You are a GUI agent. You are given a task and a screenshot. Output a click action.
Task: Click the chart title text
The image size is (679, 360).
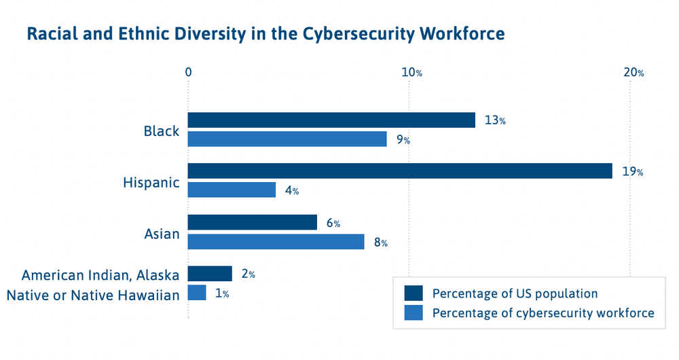[x=265, y=34]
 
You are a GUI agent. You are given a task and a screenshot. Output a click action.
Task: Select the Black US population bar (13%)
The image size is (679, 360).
[x=331, y=120]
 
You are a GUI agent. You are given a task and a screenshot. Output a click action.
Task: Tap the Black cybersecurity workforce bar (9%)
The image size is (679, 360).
[x=287, y=139]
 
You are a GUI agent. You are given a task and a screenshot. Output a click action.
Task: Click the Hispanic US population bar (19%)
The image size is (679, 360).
[x=400, y=171]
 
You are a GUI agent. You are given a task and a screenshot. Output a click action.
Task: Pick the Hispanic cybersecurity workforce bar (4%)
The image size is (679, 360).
[x=232, y=190]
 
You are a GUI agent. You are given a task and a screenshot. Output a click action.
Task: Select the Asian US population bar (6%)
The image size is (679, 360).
[x=253, y=222]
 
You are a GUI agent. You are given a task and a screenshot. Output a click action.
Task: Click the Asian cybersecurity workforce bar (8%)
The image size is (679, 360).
[x=276, y=241]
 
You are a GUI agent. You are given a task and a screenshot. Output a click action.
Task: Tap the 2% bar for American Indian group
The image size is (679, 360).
[x=210, y=274]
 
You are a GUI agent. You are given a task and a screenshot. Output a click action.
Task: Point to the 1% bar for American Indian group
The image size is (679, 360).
[x=197, y=293]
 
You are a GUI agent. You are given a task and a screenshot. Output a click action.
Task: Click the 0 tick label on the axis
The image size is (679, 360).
[x=188, y=73]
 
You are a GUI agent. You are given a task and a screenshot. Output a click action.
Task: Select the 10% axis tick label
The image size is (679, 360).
[x=410, y=73]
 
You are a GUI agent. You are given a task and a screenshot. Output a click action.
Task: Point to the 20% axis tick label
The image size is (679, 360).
[x=633, y=73]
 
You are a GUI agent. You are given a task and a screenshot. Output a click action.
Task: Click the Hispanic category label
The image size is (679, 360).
[x=151, y=183]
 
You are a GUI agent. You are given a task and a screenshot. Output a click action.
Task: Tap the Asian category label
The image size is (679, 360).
[x=162, y=234]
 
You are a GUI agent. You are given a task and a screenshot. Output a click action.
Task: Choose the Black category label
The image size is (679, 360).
[x=161, y=131]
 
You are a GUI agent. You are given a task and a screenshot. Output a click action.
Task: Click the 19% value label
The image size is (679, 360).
[x=632, y=172]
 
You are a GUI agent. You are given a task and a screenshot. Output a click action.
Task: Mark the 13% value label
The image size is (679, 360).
[x=495, y=121]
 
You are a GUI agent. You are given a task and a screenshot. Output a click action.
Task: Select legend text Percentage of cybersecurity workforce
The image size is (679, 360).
[x=543, y=313]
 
